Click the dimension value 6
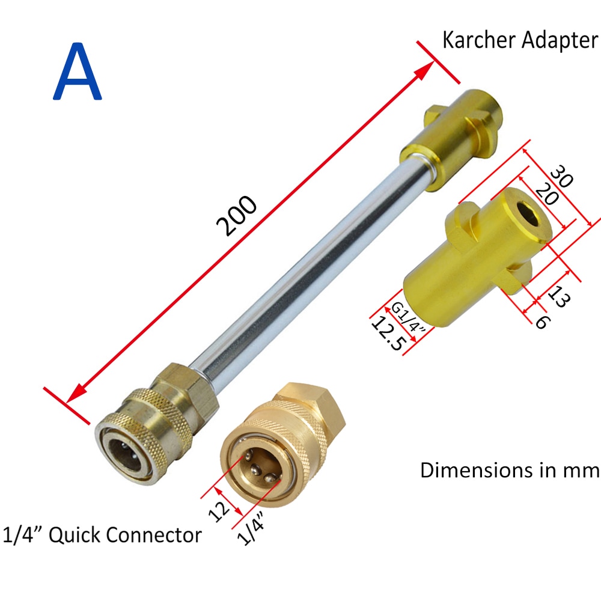tap(541, 321)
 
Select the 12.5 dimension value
tap(390, 335)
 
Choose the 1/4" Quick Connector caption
tap(102, 534)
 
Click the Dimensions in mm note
tap(510, 469)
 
